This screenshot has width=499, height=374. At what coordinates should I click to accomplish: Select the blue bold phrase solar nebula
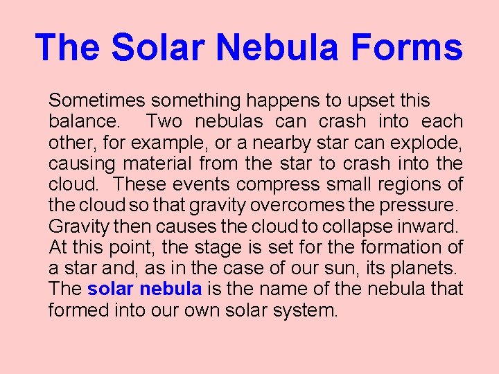[145, 289]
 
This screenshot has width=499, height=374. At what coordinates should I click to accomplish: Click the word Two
[165, 121]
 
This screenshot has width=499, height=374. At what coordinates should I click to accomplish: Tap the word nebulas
[229, 121]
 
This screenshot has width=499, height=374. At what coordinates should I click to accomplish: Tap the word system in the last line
[306, 310]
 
